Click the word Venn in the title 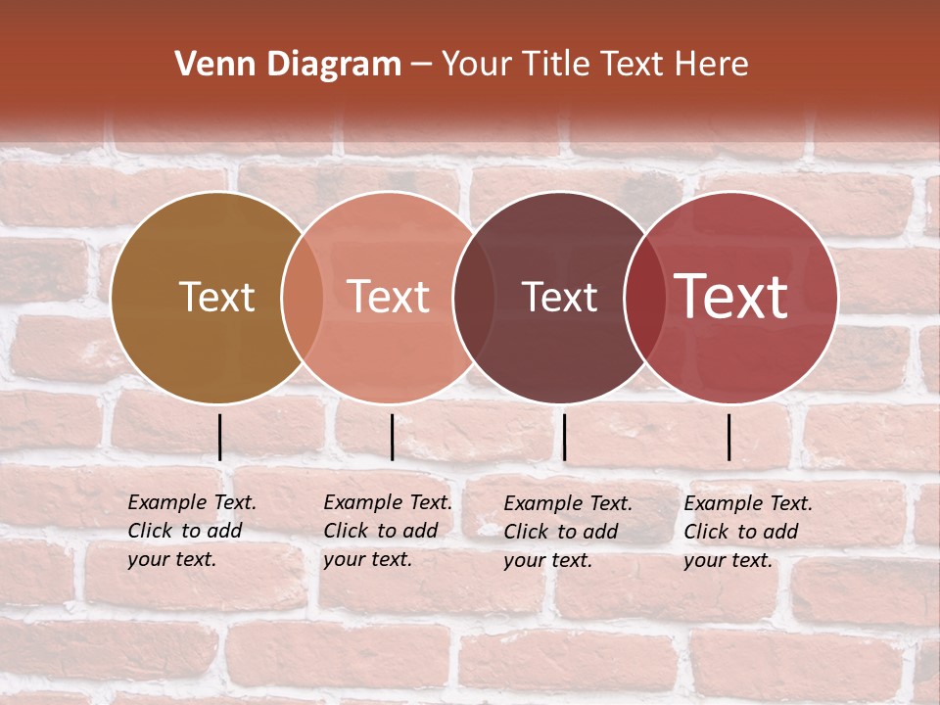[209, 65]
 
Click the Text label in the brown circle [216, 297]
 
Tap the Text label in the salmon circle [388, 297]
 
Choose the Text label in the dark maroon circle [559, 297]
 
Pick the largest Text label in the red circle [731, 297]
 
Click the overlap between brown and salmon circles [303, 297]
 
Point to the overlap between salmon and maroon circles [474, 297]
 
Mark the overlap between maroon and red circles [644, 297]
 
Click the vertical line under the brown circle [220, 437]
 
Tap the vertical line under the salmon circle [392, 437]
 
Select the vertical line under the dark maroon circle [564, 437]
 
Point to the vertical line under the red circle [729, 437]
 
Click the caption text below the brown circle [192, 531]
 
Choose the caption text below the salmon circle [388, 531]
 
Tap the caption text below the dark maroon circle [568, 532]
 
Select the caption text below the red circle [748, 532]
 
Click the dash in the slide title [422, 66]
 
